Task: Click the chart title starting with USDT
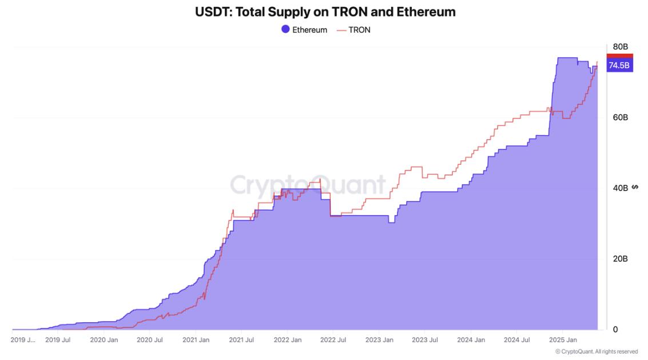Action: tap(325, 11)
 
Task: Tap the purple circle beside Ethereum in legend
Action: tap(285, 29)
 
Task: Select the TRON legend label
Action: tap(359, 30)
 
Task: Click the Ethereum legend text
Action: tap(309, 30)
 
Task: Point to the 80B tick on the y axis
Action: tap(621, 47)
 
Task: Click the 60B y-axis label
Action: tap(621, 117)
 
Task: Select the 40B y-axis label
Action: tap(621, 188)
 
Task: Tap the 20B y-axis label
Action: tap(621, 259)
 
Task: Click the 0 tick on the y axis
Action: tap(615, 330)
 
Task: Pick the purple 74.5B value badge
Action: tap(619, 66)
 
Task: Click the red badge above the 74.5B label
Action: tap(619, 56)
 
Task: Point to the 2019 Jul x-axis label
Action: tap(58, 340)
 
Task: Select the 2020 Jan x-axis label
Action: tap(104, 340)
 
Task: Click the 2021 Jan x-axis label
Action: tap(196, 340)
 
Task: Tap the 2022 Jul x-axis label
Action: tap(332, 340)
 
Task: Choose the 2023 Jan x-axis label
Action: tap(379, 340)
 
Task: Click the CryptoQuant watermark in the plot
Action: tap(308, 185)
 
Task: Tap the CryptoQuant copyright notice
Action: tap(597, 351)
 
